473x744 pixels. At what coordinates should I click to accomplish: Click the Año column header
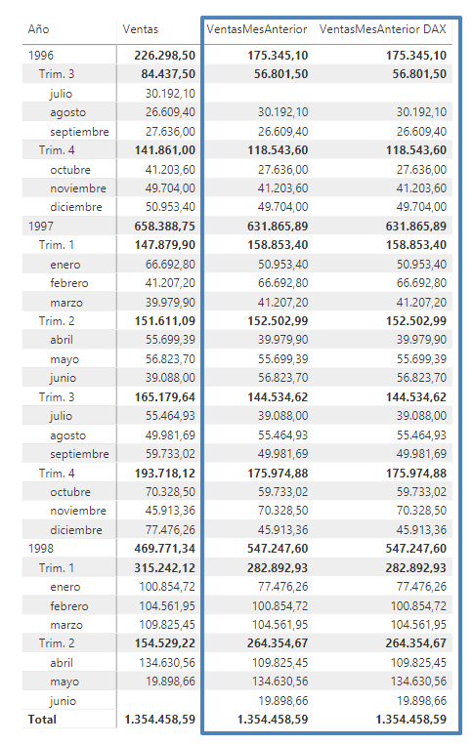38,29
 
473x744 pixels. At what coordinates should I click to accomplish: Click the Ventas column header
140,29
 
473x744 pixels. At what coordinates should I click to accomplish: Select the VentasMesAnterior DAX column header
383,29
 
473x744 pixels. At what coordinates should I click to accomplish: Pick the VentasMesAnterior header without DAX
257,29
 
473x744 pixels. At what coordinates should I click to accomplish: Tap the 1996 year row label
41,56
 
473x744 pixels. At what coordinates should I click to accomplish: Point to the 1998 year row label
41,549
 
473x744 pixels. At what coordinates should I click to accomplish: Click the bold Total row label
42,720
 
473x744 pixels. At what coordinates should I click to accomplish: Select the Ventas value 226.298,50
165,56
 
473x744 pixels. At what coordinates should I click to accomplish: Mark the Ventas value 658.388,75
165,227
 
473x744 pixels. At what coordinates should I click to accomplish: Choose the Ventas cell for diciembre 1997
170,529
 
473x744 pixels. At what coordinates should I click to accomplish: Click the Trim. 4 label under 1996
57,150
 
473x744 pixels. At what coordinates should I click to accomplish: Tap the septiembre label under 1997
79,454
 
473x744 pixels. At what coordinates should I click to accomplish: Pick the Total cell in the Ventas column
160,720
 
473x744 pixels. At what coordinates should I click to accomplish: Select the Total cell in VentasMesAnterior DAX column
411,720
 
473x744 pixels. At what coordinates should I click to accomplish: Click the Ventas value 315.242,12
165,568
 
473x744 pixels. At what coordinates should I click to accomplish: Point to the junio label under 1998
63,701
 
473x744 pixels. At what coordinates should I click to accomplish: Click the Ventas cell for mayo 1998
170,682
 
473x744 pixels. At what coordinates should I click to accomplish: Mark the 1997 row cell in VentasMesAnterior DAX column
416,227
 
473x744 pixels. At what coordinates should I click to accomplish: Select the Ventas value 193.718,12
165,474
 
